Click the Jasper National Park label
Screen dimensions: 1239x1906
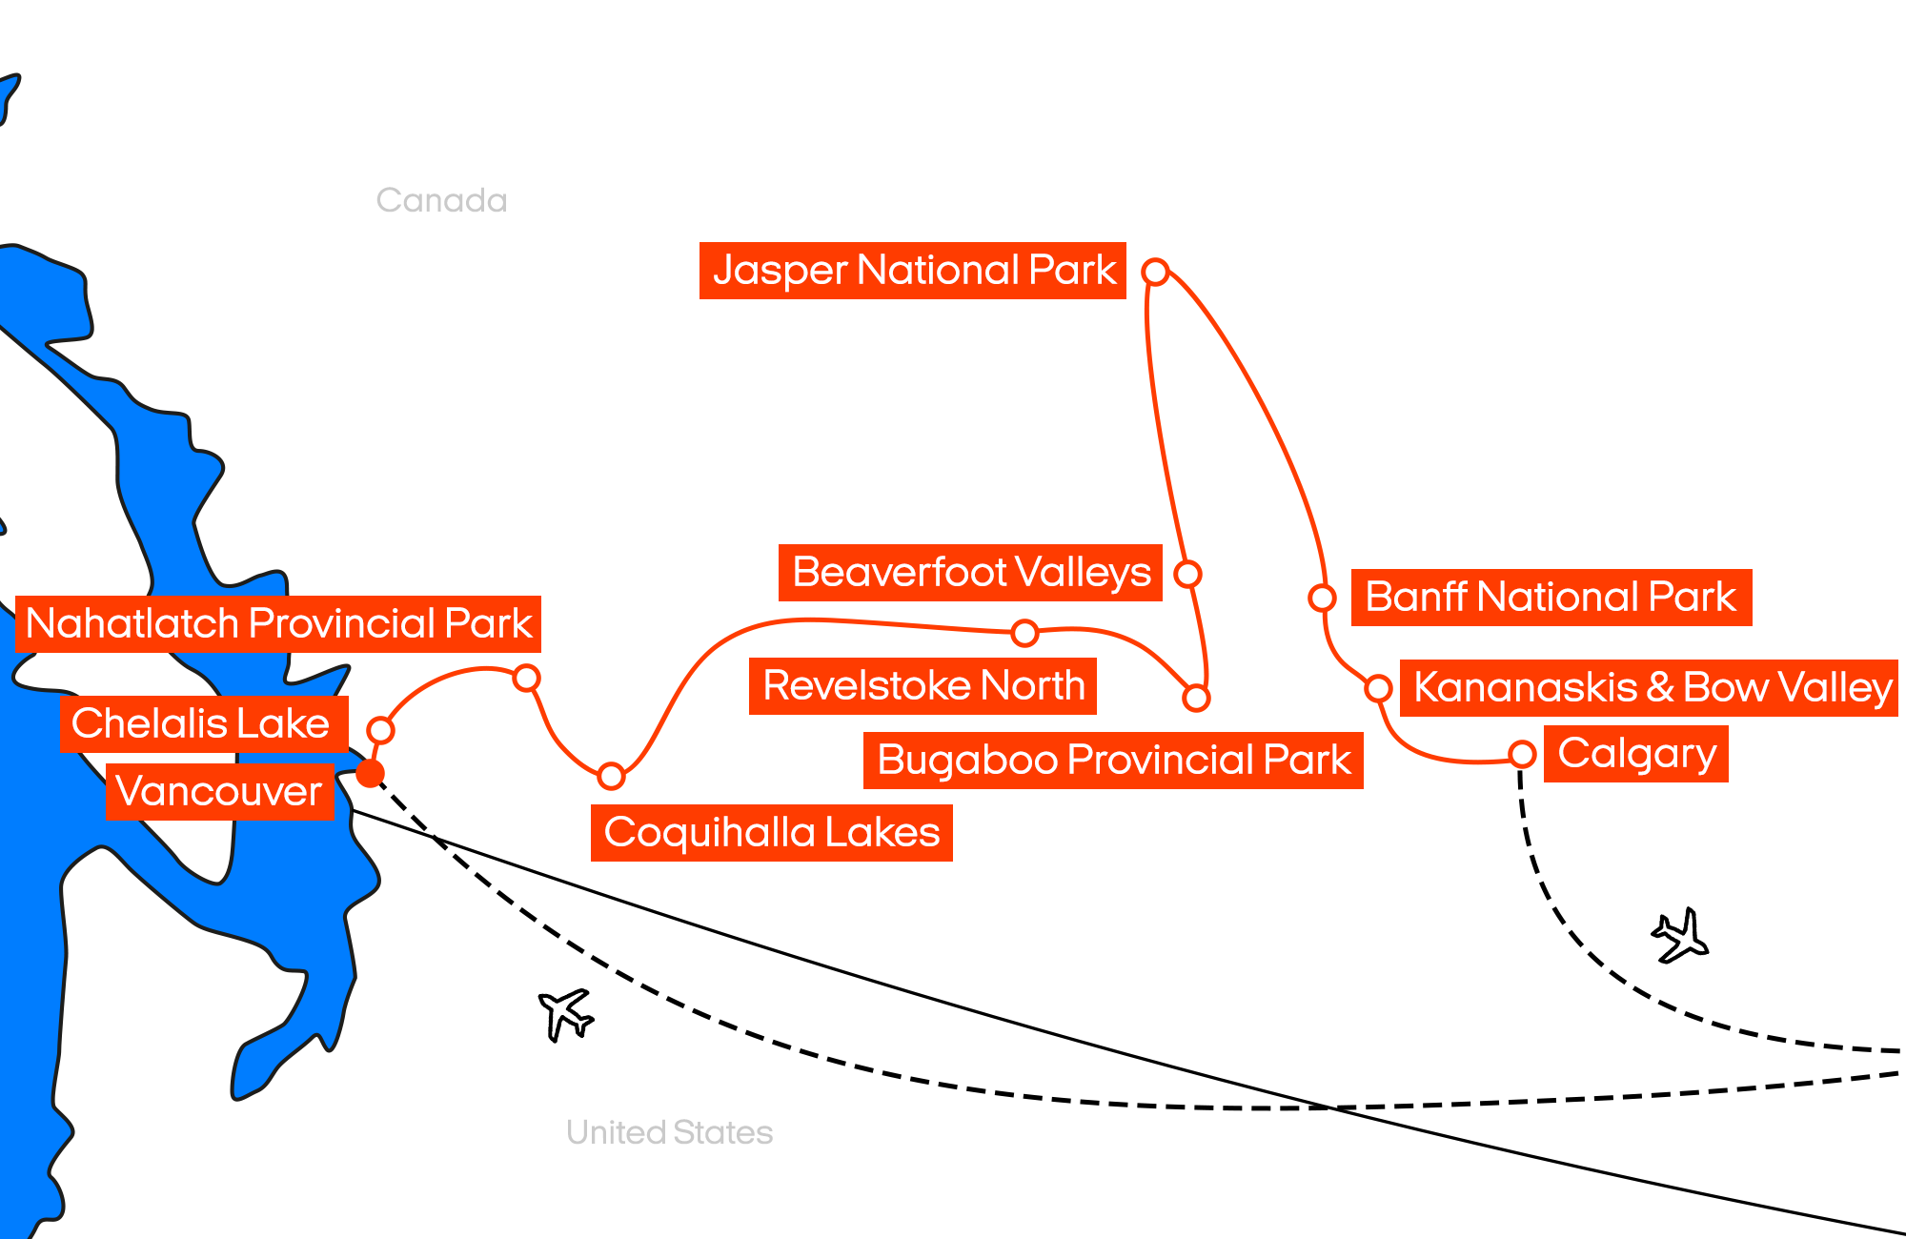912,271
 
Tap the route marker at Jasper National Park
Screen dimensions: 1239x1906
1155,272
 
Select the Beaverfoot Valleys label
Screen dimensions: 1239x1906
970,573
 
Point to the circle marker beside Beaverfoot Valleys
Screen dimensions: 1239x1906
1187,574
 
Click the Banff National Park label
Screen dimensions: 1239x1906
1551,598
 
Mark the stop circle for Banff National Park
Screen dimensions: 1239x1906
1322,598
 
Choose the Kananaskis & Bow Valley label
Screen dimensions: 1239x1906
1649,687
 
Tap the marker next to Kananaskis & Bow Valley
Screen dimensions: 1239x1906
1378,687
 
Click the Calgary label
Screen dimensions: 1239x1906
1635,754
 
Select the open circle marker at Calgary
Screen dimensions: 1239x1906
1522,754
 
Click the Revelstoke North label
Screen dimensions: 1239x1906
923,686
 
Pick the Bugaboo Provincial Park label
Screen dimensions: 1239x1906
1113,761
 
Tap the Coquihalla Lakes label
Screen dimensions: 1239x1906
771,833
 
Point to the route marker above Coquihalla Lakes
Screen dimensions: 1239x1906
611,776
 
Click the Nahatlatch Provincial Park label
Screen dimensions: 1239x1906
278,624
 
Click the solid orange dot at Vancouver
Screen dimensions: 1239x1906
370,773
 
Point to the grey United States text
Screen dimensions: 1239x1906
669,1132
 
